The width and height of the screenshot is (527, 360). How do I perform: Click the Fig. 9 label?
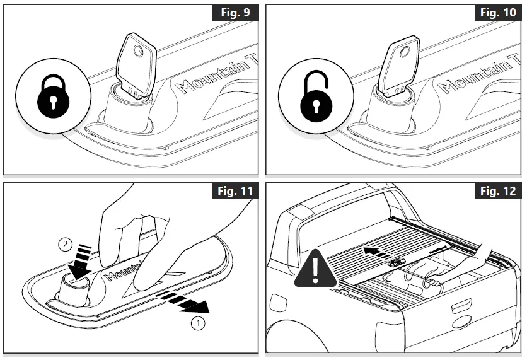(x=235, y=13)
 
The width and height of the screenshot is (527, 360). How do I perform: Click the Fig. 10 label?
(x=497, y=13)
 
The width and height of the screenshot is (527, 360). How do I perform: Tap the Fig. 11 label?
(x=234, y=192)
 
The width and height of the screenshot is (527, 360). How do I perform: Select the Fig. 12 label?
(x=497, y=192)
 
